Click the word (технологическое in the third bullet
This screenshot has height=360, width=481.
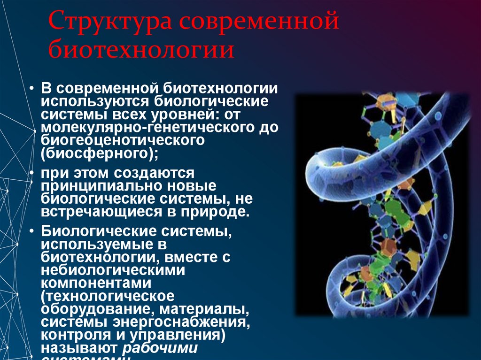108,297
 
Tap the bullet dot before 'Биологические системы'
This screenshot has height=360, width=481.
31,231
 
